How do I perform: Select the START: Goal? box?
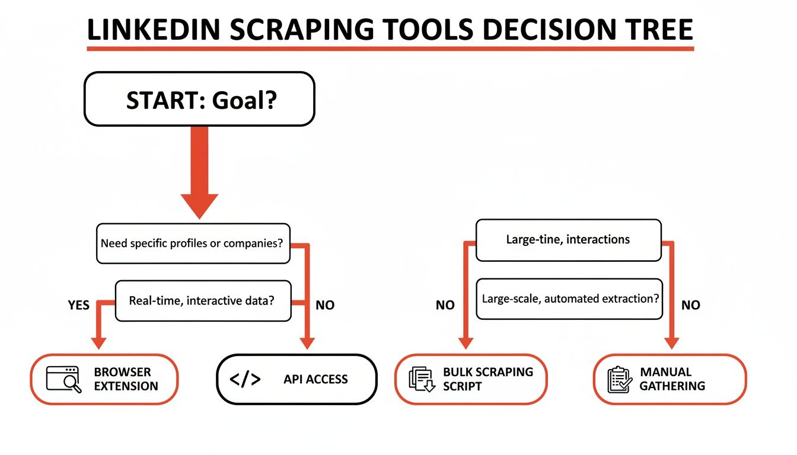[199, 100]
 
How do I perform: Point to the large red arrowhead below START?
[199, 204]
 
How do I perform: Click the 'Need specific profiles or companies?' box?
[193, 243]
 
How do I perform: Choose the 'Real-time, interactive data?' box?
[203, 300]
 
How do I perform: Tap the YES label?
[78, 306]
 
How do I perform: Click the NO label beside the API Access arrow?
[325, 306]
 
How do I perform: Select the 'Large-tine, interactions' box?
[568, 240]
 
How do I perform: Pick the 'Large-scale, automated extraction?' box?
[569, 299]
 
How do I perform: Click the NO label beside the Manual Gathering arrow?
[691, 306]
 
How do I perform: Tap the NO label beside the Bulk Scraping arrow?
[445, 306]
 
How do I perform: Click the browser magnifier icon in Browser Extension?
[64, 379]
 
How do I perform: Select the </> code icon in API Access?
[245, 380]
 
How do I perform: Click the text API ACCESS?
[315, 380]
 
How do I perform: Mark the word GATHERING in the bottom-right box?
[672, 386]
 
